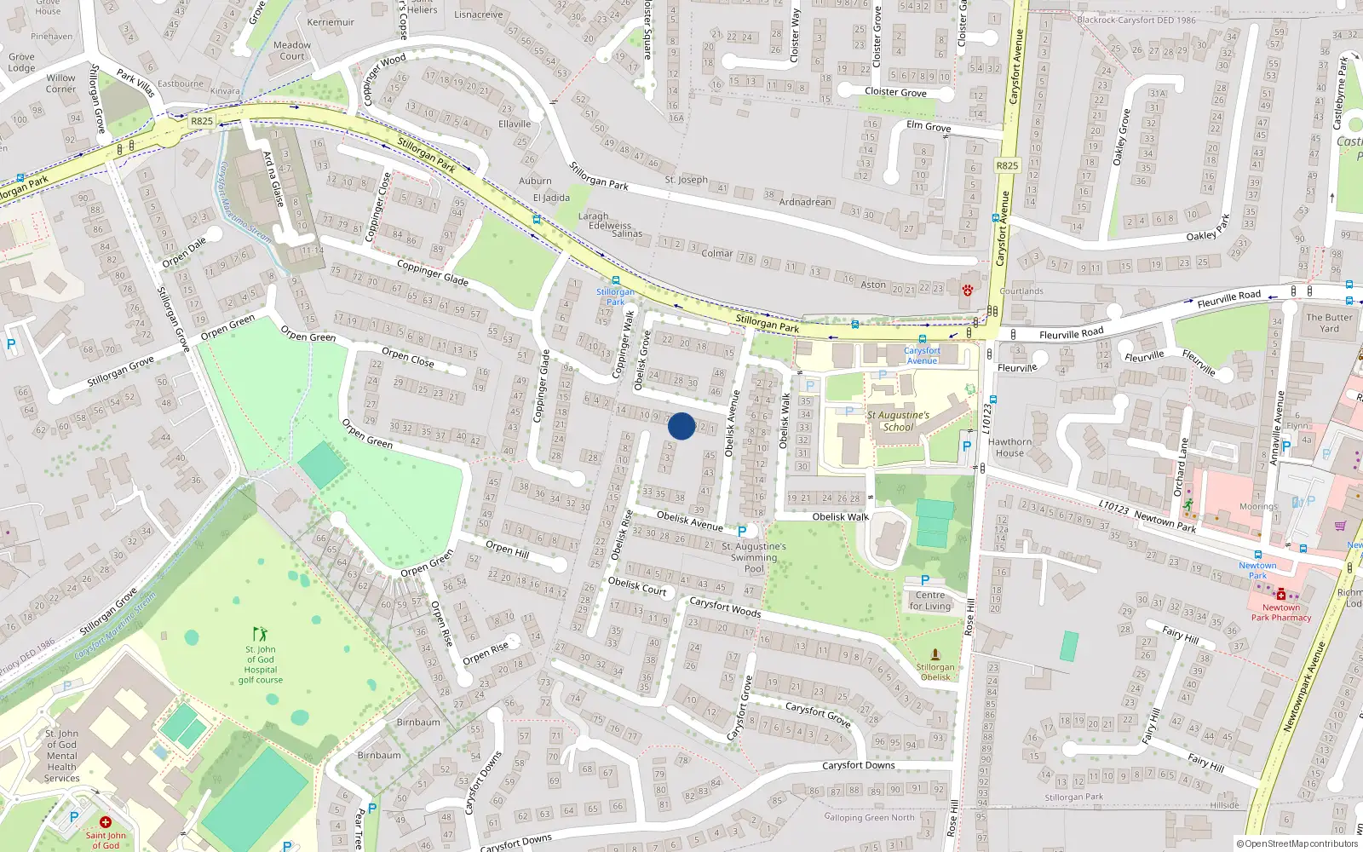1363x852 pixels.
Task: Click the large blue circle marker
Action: [x=681, y=426]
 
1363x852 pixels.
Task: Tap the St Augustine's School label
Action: [x=898, y=421]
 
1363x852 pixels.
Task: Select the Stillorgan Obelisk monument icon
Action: [x=935, y=654]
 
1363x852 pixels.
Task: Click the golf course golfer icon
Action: [x=260, y=634]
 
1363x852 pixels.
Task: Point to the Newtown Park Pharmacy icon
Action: [x=1280, y=594]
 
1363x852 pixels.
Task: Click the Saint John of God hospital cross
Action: [x=105, y=822]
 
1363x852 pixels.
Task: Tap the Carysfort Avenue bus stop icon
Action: [x=923, y=339]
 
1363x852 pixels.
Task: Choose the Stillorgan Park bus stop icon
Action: [x=615, y=280]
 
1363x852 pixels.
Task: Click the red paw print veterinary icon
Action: [x=968, y=290]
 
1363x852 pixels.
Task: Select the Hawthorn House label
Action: [x=1010, y=447]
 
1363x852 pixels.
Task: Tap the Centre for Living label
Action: [x=929, y=601]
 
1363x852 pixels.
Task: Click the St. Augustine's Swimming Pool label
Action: [x=754, y=557]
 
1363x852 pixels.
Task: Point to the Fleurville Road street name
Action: [x=1071, y=334]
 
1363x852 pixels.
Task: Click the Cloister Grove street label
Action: [x=895, y=92]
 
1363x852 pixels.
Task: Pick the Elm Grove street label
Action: [x=929, y=126]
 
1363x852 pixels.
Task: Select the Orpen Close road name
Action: [x=408, y=357]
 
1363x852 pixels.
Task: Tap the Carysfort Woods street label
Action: [x=725, y=607]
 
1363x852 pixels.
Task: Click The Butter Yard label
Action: [x=1329, y=323]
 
